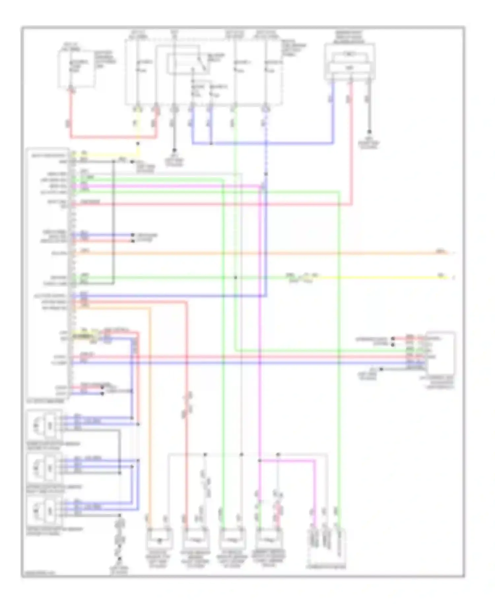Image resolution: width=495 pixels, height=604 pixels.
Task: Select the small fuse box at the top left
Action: point(77,69)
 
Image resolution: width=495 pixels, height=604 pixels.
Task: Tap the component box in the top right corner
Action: point(350,62)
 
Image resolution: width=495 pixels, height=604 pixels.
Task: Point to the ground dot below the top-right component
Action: point(369,132)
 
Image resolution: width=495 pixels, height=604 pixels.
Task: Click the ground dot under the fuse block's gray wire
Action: point(175,150)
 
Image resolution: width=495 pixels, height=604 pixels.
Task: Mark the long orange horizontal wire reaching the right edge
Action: point(264,253)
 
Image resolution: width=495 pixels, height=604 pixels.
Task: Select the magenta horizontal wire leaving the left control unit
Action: point(165,186)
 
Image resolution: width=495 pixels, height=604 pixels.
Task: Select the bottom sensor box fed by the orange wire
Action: point(159,541)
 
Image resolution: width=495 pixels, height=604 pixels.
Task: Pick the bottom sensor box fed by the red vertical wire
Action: point(196,541)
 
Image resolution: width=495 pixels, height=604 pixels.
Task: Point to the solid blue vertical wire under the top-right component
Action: point(333,112)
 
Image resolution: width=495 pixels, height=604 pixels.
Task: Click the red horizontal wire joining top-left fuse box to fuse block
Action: point(112,137)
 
